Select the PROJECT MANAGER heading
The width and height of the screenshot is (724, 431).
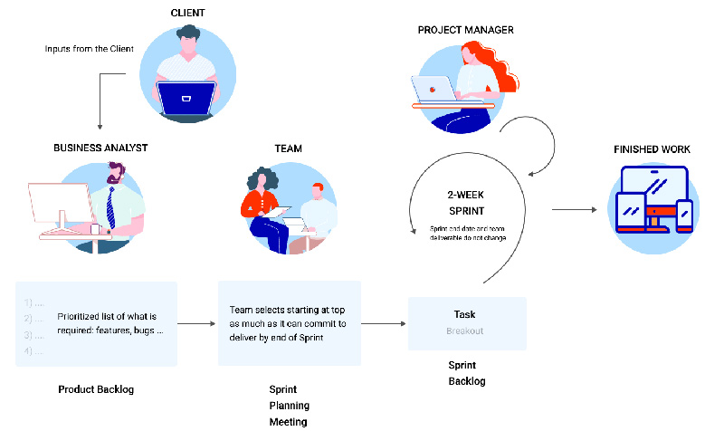click(x=466, y=30)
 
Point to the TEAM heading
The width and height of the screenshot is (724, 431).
click(x=289, y=148)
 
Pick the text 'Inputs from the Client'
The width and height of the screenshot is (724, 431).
click(x=90, y=48)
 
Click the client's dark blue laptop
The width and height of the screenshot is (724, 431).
click(x=186, y=97)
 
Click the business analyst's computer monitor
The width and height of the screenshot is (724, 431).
click(x=60, y=206)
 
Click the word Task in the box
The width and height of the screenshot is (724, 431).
click(x=464, y=314)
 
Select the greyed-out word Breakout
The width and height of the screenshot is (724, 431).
click(x=464, y=330)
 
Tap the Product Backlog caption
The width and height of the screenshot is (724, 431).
click(x=96, y=389)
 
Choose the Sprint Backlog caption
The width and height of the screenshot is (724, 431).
click(x=467, y=372)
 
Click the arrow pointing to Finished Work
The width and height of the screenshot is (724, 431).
click(x=574, y=210)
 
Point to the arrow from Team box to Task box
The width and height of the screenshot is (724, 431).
click(x=384, y=322)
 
